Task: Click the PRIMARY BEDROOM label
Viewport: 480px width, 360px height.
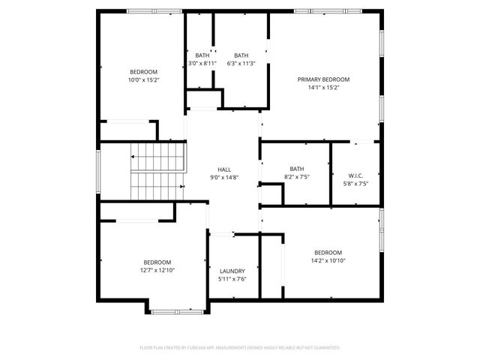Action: (323, 79)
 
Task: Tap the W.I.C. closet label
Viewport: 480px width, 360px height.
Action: (355, 175)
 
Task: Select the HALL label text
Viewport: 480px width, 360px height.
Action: (224, 169)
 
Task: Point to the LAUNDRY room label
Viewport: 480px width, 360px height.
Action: (232, 271)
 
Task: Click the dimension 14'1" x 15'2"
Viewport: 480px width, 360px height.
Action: (323, 87)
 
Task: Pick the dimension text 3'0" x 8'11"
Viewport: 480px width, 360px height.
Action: (202, 63)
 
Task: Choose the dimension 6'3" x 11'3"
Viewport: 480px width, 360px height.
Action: (241, 63)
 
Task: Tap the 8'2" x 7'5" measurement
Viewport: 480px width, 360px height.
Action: (297, 176)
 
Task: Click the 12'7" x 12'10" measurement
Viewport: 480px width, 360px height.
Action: (157, 270)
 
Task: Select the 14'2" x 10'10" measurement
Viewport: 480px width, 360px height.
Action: (328, 260)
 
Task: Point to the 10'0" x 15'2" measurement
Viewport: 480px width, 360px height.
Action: (144, 79)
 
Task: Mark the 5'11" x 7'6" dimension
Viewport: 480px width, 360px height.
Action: (232, 279)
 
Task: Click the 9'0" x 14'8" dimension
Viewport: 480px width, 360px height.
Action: (224, 177)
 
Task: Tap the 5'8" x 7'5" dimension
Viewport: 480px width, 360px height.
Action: (355, 183)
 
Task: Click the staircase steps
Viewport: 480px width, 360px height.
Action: (157, 172)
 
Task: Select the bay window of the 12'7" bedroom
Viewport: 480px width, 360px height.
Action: (178, 310)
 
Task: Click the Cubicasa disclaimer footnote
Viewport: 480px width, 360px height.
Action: (240, 348)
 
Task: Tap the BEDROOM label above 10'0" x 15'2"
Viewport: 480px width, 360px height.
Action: (144, 71)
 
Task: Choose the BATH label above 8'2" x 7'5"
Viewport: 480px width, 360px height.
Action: (297, 169)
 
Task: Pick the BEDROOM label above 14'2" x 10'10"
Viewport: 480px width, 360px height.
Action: (328, 252)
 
